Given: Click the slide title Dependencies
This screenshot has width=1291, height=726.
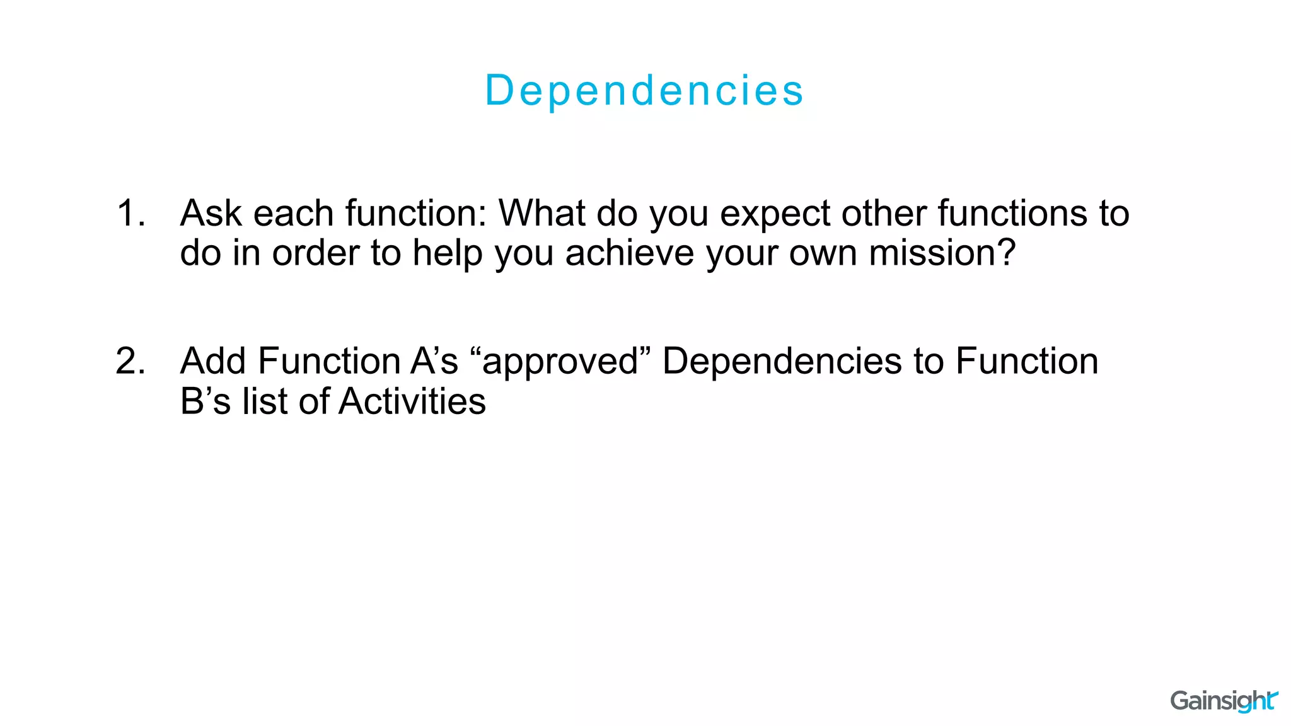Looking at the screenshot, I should point(644,90).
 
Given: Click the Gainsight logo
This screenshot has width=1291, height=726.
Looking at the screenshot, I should point(1223,701).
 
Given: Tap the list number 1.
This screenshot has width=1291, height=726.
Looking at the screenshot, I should point(130,213).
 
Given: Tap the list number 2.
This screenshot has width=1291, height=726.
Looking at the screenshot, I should point(130,362).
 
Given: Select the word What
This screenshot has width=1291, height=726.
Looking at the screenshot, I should point(541,213).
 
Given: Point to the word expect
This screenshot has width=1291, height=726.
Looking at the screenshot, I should point(775,214).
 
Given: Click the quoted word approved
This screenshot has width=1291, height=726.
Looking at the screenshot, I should point(560,362).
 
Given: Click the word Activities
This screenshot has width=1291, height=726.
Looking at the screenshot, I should point(412,402).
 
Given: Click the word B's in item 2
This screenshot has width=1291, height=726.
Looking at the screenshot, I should point(206,402).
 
